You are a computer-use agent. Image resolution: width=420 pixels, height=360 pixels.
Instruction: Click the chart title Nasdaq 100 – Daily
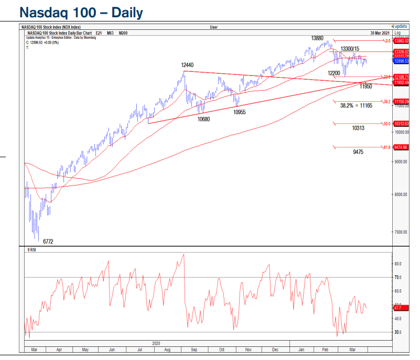pyautogui.click(x=81, y=12)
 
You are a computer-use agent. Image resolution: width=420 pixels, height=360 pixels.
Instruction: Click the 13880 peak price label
pyautogui.click(x=317, y=38)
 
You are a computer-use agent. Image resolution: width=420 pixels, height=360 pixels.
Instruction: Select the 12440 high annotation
pyautogui.click(x=187, y=65)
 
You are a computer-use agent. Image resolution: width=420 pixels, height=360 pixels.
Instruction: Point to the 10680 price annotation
pyautogui.click(x=203, y=118)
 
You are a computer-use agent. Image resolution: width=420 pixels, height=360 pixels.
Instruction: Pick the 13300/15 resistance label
pyautogui.click(x=350, y=48)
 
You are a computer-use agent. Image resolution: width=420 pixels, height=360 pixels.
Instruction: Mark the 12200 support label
pyautogui.click(x=334, y=73)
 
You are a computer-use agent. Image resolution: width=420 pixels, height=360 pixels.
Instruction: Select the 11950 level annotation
pyautogui.click(x=365, y=86)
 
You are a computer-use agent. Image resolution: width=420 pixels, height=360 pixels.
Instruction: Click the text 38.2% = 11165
pyautogui.click(x=356, y=105)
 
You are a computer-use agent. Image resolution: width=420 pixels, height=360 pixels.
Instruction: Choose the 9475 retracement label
pyautogui.click(x=359, y=152)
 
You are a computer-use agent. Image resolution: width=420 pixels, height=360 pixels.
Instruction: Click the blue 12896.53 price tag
pyautogui.click(x=400, y=61)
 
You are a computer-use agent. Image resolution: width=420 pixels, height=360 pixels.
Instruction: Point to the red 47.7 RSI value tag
pyautogui.click(x=397, y=308)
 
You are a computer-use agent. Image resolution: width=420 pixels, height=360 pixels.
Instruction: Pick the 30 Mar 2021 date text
pyautogui.click(x=380, y=32)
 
